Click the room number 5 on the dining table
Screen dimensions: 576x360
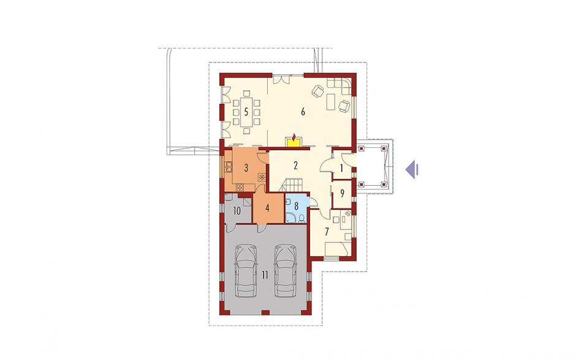pos(246,111)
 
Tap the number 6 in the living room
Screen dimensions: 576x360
pos(303,112)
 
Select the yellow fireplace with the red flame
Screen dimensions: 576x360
pos(294,141)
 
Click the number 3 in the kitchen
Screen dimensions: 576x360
pos(246,168)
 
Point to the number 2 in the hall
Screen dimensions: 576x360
pos(295,165)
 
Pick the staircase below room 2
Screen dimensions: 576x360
pos(292,184)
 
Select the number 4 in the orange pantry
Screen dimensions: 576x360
pos(267,208)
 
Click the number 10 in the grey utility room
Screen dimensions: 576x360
pos(237,211)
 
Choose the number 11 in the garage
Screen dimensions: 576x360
pos(265,274)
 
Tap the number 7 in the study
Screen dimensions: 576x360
pos(327,232)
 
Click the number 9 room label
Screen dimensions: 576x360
pos(342,193)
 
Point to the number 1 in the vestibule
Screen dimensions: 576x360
pos(341,169)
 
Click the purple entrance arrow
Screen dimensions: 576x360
pos(412,169)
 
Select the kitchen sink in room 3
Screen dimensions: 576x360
pos(229,167)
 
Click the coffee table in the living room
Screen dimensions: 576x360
pos(331,101)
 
